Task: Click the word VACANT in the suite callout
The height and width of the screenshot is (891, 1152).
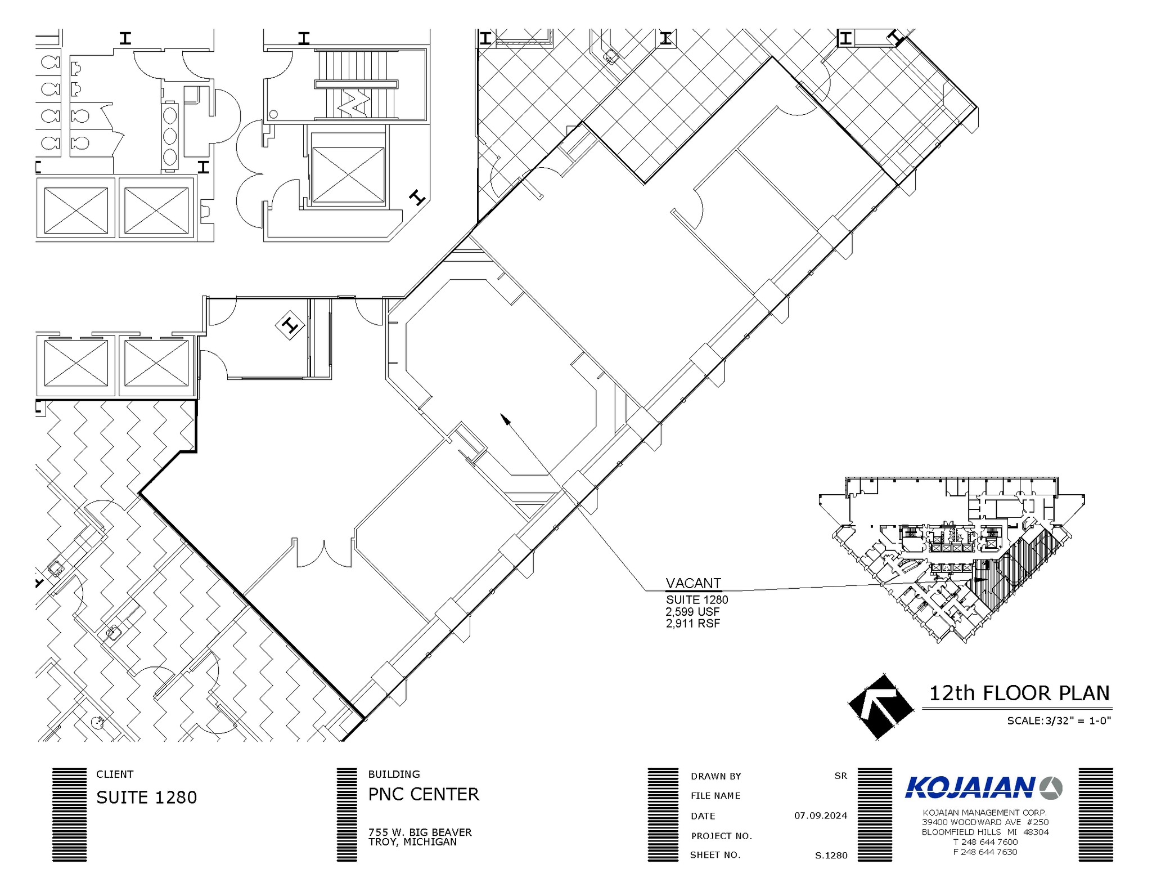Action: (x=693, y=583)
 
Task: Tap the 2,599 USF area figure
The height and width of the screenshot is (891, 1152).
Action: (x=692, y=612)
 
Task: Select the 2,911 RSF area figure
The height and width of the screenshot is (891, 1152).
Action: (x=693, y=624)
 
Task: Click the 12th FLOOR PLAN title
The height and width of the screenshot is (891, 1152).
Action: (x=1019, y=693)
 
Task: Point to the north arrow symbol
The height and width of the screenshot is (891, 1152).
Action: (x=880, y=706)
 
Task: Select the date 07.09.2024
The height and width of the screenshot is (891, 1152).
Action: (x=821, y=816)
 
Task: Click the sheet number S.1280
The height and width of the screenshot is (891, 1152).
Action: (x=831, y=856)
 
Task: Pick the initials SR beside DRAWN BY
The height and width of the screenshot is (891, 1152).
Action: (x=840, y=776)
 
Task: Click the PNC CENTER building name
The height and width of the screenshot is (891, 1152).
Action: (x=424, y=794)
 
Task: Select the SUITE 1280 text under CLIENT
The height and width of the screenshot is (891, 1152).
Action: (x=147, y=798)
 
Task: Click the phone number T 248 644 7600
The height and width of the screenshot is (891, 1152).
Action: (x=985, y=842)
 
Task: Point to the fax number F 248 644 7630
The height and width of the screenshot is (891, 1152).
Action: (x=985, y=852)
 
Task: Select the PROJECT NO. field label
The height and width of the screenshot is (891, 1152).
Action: (x=722, y=836)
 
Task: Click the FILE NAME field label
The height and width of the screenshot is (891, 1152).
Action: (x=715, y=795)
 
